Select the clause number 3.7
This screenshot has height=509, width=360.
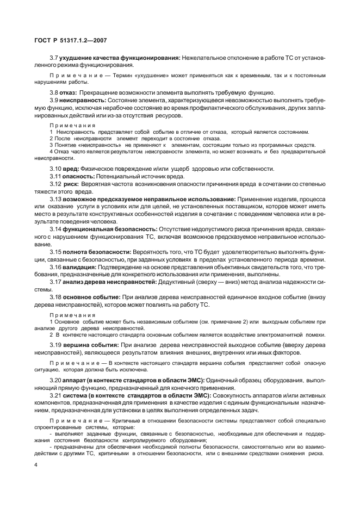(x=54, y=57)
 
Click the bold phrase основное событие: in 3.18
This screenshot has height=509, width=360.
(x=91, y=297)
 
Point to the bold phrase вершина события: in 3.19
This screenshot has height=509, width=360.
(x=89, y=345)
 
